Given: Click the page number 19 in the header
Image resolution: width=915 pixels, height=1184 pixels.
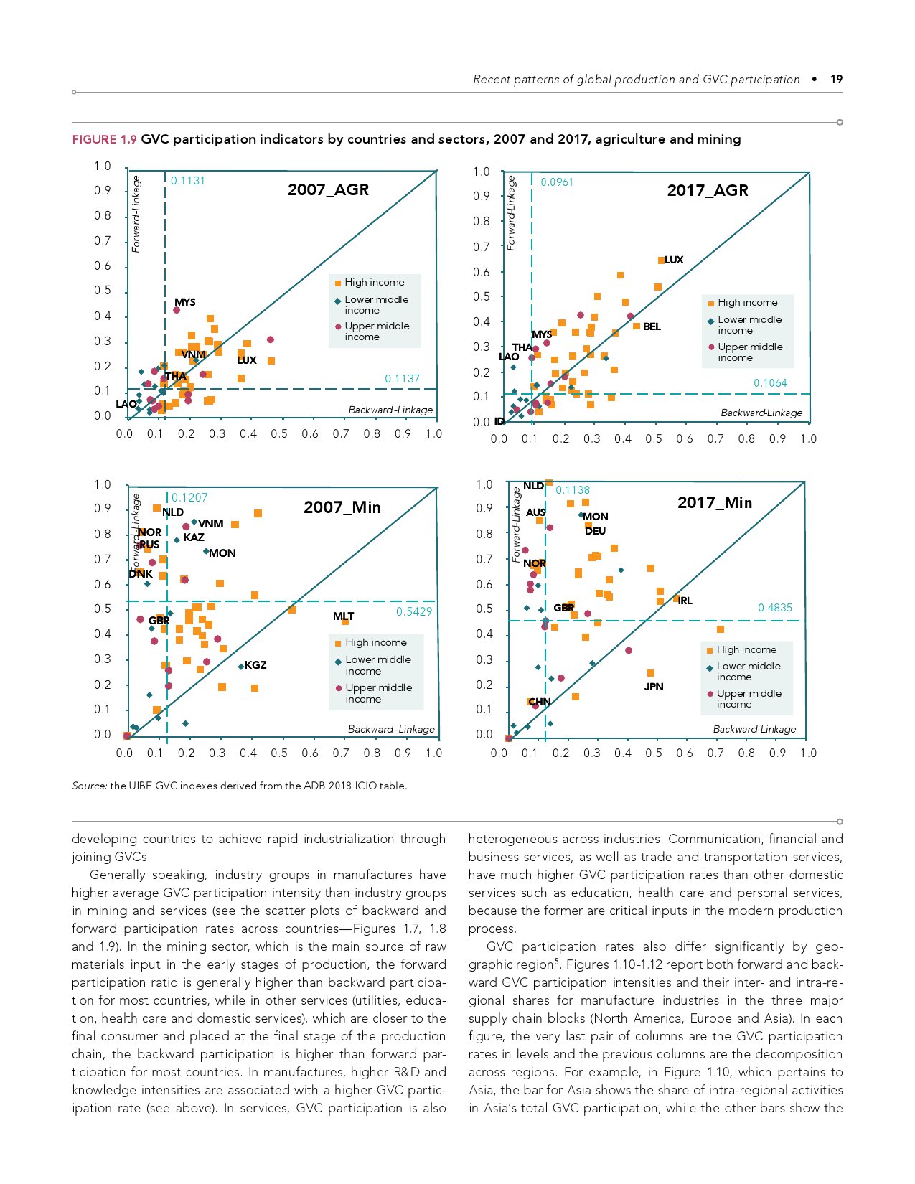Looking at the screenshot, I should tap(836, 80).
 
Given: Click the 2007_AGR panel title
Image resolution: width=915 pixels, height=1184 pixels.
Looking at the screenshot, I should tap(328, 190).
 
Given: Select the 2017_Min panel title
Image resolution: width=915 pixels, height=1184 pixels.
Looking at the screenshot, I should tap(714, 503).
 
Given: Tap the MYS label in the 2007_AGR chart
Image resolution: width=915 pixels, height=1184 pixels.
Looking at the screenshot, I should tap(184, 302).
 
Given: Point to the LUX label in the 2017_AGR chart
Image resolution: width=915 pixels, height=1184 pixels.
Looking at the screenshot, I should tap(674, 260).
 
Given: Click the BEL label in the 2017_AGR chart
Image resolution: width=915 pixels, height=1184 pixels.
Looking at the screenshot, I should tap(652, 326).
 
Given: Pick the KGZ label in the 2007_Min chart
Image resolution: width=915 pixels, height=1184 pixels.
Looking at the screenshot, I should tap(255, 665).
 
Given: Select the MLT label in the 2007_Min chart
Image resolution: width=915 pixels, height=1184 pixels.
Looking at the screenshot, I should tap(343, 616).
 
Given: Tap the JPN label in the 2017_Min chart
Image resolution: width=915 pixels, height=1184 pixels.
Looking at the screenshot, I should tap(654, 687).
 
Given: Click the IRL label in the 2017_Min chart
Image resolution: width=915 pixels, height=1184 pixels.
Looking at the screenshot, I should tap(685, 601).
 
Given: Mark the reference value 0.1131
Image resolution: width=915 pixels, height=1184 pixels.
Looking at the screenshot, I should tap(188, 181).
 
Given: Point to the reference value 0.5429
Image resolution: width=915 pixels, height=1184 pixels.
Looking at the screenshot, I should tap(414, 611).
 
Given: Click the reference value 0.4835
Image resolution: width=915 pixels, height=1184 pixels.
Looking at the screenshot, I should tap(775, 608).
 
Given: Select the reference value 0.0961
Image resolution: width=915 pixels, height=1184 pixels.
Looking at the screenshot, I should tap(557, 182).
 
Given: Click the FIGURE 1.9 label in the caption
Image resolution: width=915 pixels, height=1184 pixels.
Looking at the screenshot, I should tap(104, 139).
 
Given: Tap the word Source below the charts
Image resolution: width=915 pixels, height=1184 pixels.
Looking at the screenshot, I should tap(89, 786).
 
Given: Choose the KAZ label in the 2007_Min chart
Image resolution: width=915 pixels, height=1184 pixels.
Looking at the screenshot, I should tap(194, 537).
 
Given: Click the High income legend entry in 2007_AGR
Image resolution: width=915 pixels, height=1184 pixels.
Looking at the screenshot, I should tap(374, 283).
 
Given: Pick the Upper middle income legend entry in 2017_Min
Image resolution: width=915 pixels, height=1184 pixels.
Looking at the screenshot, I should tap(749, 698).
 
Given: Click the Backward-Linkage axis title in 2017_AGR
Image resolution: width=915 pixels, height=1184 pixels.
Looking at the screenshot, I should tap(761, 413).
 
